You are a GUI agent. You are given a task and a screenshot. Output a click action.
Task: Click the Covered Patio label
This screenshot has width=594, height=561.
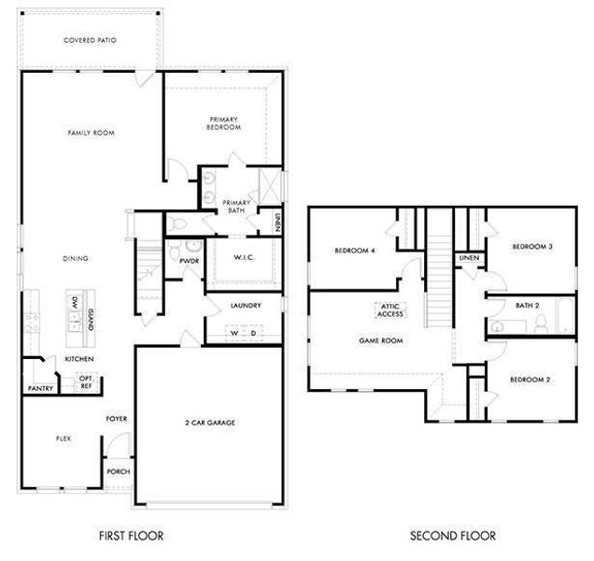click(x=90, y=40)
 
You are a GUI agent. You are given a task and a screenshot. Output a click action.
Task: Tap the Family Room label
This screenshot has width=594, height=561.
click(x=91, y=134)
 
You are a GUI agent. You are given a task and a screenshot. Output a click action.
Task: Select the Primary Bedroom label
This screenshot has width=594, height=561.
click(x=224, y=122)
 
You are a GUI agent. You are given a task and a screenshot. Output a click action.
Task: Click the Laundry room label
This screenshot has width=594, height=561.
click(x=246, y=306)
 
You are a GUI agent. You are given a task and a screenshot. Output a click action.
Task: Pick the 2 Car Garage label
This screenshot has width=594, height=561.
click(x=209, y=423)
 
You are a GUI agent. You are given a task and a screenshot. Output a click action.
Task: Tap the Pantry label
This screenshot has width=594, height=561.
click(x=39, y=388)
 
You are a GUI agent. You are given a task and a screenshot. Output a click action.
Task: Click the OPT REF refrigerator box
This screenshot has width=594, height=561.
click(x=85, y=381)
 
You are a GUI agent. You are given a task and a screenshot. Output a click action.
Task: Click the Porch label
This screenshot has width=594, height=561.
click(x=119, y=471)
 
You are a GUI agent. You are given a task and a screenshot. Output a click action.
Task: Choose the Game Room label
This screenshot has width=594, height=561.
click(x=381, y=341)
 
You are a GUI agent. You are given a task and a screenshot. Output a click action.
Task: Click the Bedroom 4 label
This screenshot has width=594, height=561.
click(x=354, y=251)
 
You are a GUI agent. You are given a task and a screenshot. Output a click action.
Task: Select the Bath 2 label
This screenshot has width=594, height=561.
click(x=528, y=306)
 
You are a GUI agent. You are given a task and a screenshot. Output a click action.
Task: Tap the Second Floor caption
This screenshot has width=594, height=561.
click(x=452, y=536)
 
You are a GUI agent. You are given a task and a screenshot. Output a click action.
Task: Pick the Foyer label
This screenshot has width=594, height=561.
click(x=117, y=419)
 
